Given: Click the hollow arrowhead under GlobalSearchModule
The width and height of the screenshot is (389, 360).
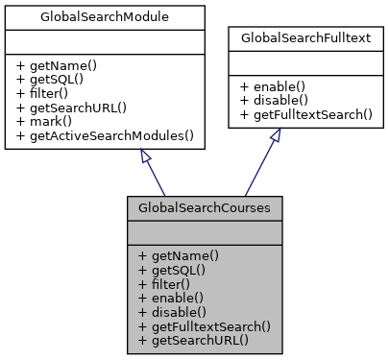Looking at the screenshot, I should click(144, 155).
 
